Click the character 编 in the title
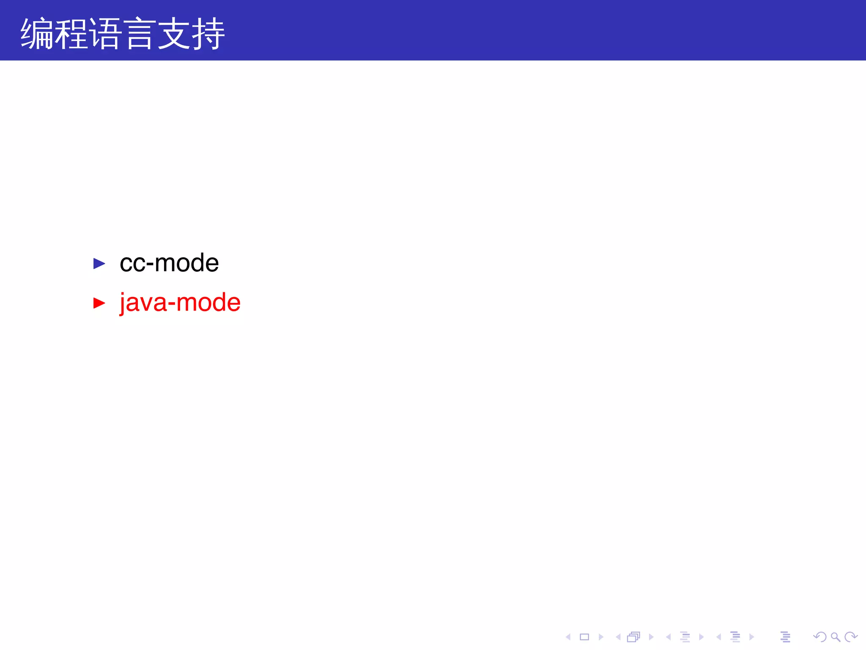coord(37,34)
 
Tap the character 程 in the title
coord(71,34)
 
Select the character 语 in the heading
coord(105,34)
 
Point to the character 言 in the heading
coord(139,34)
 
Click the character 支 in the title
coord(173,34)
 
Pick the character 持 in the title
coord(208,34)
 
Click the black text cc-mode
coord(169,263)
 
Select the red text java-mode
coord(180,303)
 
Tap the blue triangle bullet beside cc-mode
coord(99,264)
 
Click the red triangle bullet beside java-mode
coord(99,303)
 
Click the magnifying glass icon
coord(835,637)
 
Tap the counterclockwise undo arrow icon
coord(819,636)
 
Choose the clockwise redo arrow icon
coord(851,636)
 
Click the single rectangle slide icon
coord(584,637)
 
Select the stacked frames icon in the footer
coord(633,637)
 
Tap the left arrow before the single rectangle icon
coord(568,637)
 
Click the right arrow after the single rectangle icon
coord(601,637)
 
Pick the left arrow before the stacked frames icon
coord(618,637)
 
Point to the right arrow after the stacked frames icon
coord(651,637)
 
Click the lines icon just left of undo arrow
coord(785,637)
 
